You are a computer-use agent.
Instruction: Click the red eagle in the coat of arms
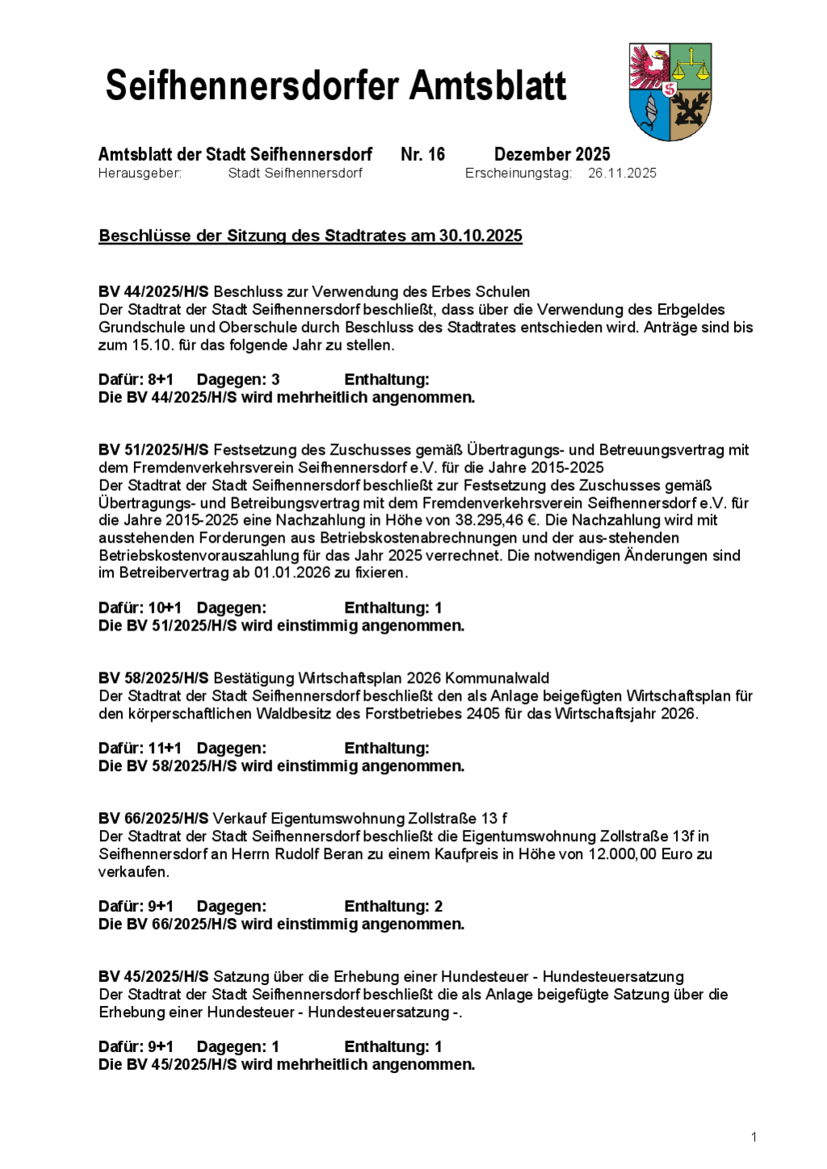coord(649,67)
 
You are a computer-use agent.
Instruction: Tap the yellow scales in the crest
coord(691,65)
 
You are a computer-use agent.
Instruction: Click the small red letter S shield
coord(670,90)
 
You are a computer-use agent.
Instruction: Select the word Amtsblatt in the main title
coord(488,86)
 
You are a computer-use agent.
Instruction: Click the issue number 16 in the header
coord(436,154)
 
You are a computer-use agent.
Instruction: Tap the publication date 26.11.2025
coord(622,173)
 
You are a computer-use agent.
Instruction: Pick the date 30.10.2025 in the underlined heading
coord(481,236)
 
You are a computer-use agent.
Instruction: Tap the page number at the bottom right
coord(754,1138)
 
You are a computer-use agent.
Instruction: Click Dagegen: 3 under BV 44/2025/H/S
coord(238,379)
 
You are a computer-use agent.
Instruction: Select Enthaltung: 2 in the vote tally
coord(393,907)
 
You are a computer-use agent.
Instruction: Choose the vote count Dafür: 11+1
coord(140,748)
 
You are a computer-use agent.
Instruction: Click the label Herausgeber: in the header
coord(140,173)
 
